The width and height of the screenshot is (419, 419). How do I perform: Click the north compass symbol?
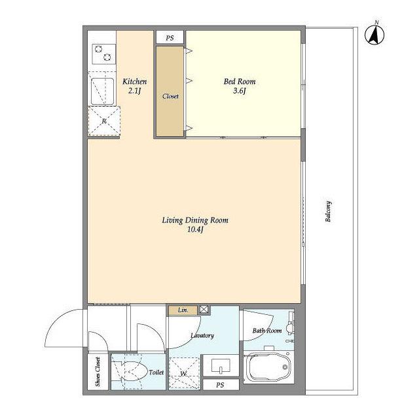point(374,33)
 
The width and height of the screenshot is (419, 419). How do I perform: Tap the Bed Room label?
point(240,81)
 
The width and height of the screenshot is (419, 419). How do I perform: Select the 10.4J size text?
point(195,230)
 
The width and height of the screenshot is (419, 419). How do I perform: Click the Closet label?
point(170,96)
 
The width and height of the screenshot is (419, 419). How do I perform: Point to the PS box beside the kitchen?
point(170,37)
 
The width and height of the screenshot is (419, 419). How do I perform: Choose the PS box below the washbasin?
point(221,385)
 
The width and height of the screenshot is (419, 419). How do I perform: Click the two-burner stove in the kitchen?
point(103,54)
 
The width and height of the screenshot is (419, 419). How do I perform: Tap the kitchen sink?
point(102,91)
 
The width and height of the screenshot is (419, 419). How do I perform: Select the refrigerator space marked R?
point(104,121)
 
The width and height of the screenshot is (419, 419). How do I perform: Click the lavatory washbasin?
point(221,365)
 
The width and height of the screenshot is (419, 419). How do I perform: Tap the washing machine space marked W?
point(184,373)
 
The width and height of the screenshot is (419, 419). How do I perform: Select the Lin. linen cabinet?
point(183,310)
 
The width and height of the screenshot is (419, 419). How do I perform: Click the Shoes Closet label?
point(98,372)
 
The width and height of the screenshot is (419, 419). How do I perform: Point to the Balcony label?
point(329,211)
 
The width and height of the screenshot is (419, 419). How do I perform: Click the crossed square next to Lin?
point(204,310)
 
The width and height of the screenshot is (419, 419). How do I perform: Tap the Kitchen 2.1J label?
point(134,86)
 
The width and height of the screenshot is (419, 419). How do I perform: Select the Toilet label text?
point(156,372)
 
